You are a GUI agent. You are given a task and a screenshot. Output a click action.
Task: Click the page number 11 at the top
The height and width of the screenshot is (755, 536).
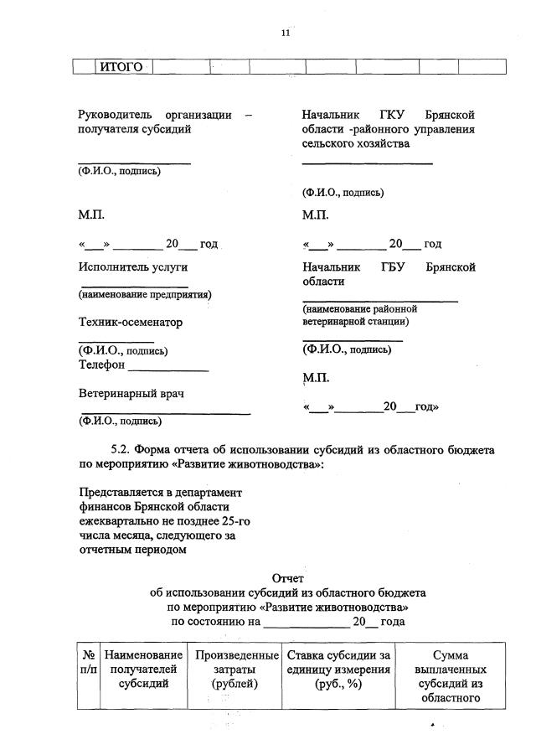click(x=285, y=33)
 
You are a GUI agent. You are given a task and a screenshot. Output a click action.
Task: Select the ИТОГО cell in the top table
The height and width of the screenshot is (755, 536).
click(x=121, y=67)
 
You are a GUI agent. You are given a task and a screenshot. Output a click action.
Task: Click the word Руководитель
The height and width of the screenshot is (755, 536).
click(x=115, y=114)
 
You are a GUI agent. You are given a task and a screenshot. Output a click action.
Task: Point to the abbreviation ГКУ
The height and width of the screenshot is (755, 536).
click(x=386, y=114)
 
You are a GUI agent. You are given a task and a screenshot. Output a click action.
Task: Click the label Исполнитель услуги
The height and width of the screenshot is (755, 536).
click(x=132, y=267)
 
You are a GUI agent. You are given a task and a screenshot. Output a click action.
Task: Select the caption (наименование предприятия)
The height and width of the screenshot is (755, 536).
click(x=145, y=294)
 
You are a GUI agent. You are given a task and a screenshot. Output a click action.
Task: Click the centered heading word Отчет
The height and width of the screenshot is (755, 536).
click(x=288, y=577)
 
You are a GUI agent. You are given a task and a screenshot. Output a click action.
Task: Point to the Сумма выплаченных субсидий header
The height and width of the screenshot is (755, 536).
click(x=450, y=676)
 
